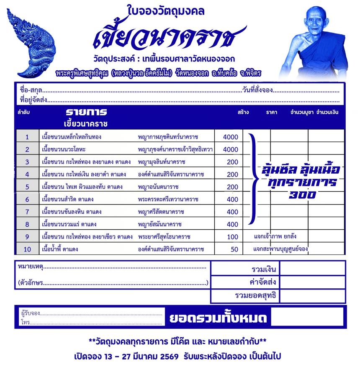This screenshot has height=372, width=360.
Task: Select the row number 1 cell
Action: click(27, 137)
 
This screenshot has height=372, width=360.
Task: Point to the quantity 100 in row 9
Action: click(232, 237)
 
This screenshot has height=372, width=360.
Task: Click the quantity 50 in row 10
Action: click(234, 249)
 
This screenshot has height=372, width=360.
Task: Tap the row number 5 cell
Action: click(27, 187)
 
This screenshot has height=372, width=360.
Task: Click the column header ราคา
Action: click(271, 113)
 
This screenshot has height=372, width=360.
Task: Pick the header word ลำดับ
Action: click(23, 113)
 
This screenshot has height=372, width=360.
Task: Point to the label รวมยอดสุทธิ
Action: click(256, 296)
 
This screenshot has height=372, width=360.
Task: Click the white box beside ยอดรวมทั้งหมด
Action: click(307, 318)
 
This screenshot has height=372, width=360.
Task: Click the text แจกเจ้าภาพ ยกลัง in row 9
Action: click(275, 236)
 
